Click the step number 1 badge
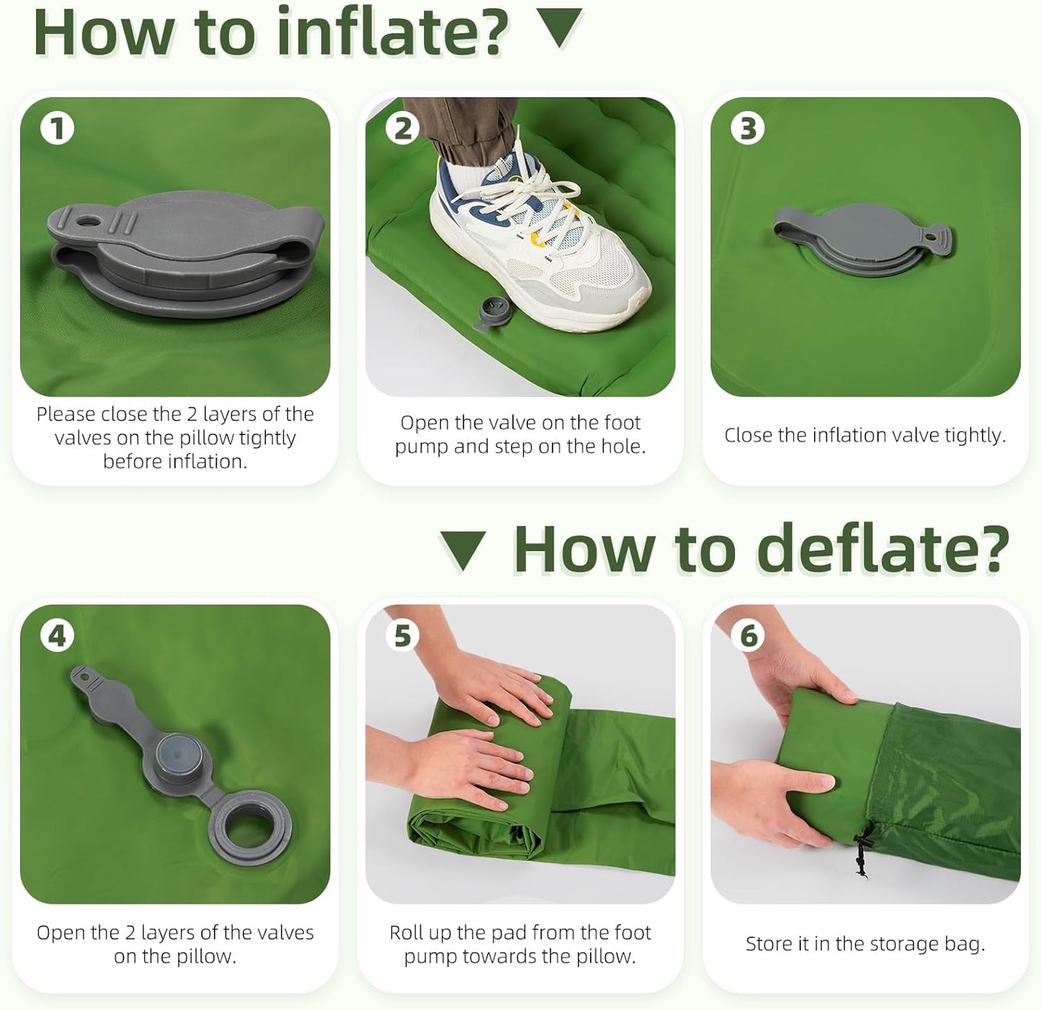57,129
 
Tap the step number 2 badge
403,129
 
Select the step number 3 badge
748,129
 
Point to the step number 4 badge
57,636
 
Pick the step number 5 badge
403,636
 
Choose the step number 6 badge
748,636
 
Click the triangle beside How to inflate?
559,27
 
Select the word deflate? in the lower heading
883,549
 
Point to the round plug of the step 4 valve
179,756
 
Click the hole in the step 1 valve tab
87,220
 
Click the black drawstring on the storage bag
863,849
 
